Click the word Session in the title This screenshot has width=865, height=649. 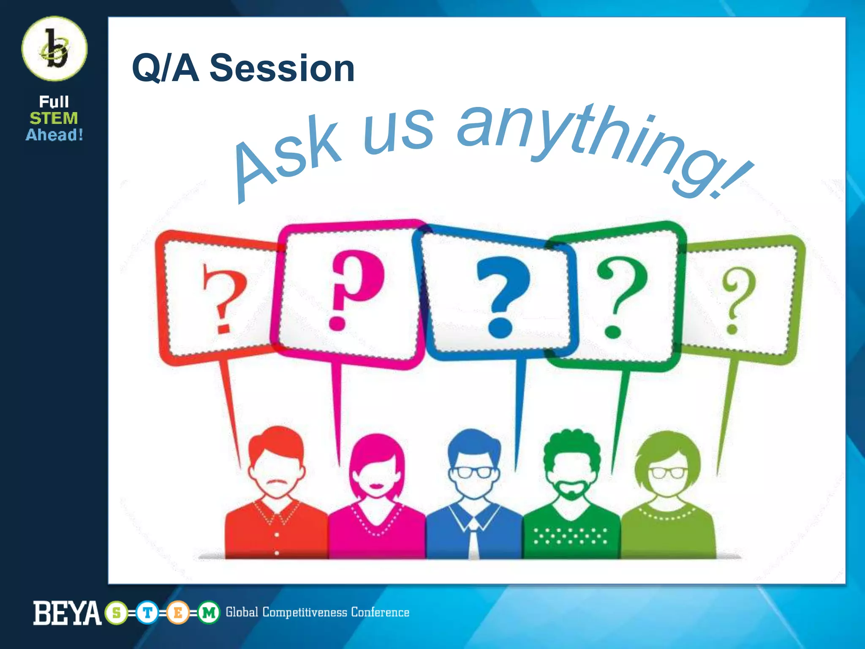[282, 68]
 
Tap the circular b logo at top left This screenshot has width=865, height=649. [54, 49]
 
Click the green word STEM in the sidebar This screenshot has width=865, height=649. [54, 118]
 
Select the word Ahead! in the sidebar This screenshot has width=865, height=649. [54, 135]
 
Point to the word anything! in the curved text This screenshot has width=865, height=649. [600, 144]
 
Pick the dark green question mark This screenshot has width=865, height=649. [620, 296]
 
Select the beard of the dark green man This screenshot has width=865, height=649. [571, 490]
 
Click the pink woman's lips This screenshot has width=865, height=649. [376, 484]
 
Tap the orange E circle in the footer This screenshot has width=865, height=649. [178, 612]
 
